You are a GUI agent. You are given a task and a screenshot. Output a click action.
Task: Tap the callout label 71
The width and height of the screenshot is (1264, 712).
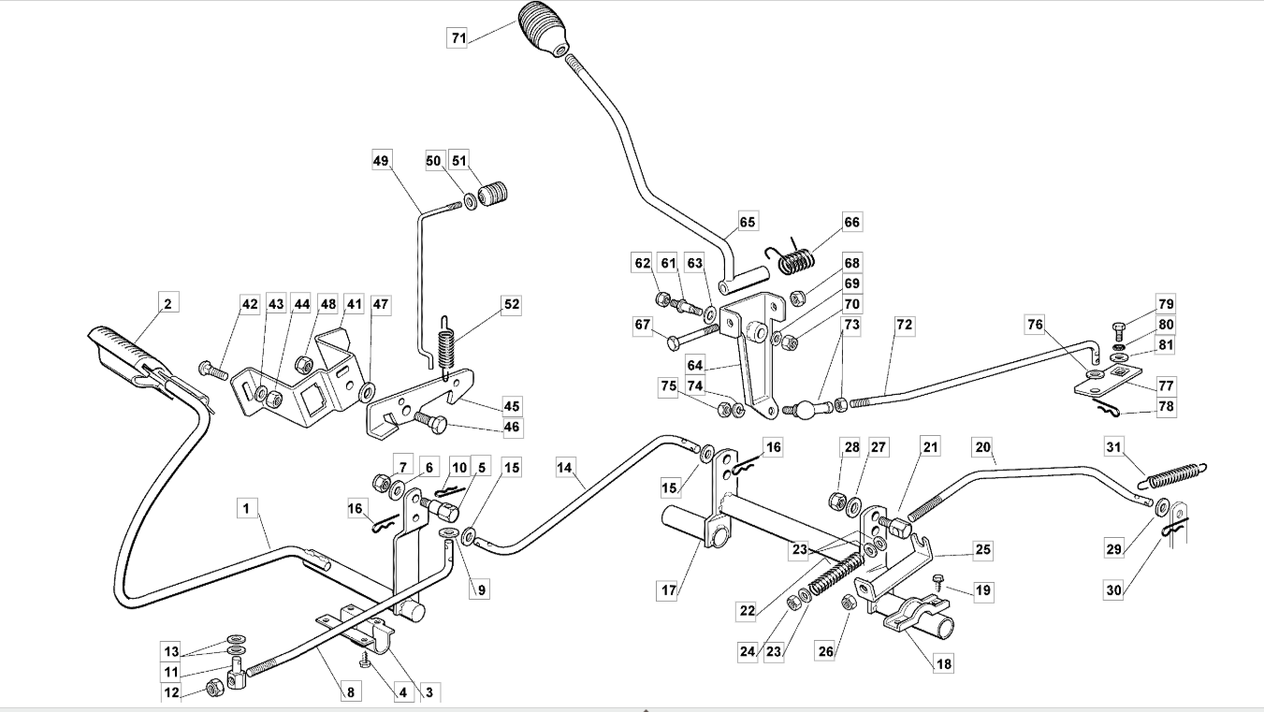458,37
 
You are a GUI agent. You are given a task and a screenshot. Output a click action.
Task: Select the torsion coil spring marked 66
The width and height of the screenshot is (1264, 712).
792,257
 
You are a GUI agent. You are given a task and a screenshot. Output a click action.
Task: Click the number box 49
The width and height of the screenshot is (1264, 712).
382,160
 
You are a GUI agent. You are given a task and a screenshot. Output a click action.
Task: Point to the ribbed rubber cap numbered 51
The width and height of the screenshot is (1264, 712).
493,193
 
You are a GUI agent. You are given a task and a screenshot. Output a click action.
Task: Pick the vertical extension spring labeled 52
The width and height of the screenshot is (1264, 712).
446,344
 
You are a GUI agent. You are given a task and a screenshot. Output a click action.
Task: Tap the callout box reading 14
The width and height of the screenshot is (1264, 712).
565,467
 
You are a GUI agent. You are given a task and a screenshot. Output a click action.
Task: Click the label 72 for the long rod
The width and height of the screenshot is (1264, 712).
905,325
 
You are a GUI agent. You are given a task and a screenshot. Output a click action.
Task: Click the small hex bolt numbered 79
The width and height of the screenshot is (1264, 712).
1118,329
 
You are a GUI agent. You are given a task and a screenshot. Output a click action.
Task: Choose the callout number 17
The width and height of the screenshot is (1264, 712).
669,590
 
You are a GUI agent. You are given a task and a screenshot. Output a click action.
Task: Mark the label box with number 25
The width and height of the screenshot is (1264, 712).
983,550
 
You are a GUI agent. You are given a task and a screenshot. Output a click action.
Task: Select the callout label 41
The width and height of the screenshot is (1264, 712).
355,304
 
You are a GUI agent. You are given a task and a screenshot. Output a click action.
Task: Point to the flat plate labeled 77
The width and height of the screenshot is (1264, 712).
1107,383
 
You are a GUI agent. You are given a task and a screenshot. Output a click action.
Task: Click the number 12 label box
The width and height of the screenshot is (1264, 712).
171,691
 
